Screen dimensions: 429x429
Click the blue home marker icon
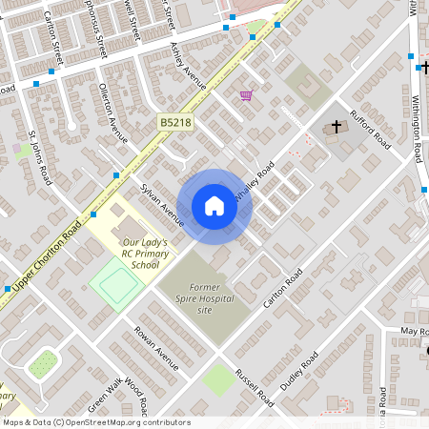point(214,206)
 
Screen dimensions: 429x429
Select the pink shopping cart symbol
point(247,95)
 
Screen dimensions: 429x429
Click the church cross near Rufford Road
point(336,127)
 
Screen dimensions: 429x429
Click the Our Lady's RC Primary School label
point(146,254)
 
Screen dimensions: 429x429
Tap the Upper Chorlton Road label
point(42,261)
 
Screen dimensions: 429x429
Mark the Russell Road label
point(255,388)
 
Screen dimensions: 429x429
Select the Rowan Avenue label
point(156,348)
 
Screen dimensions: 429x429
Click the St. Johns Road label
point(40,158)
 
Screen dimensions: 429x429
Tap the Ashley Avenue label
point(188,66)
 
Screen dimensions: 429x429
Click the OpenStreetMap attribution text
point(95,422)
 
